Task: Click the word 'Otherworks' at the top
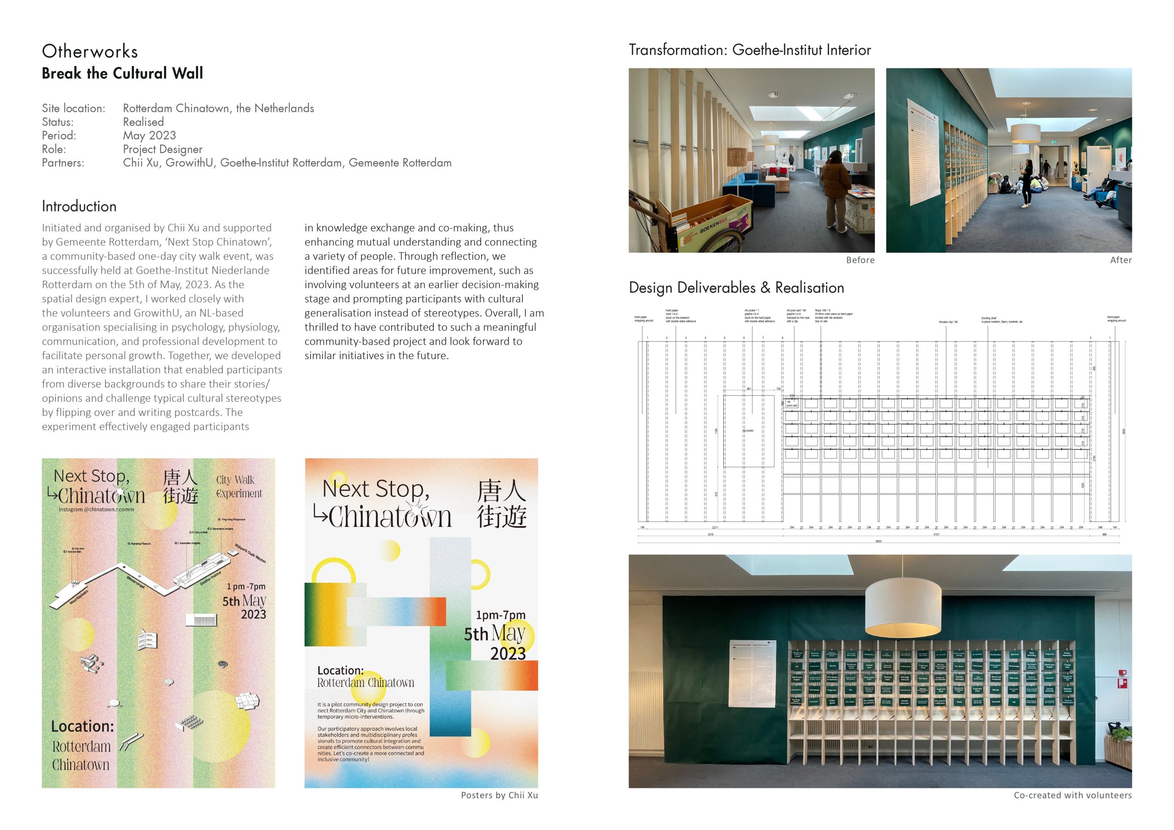point(90,52)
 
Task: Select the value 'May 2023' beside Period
point(150,136)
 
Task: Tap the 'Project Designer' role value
point(163,149)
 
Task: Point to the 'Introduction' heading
point(79,207)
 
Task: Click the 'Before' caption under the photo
point(860,260)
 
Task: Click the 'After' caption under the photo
point(1120,260)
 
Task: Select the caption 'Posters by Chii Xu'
point(499,795)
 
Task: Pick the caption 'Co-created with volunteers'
point(1072,795)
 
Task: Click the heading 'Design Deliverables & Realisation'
point(737,288)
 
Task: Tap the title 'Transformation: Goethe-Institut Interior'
point(750,50)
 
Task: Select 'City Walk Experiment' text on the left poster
point(239,487)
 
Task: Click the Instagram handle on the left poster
point(96,509)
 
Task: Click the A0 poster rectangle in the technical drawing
point(748,431)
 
